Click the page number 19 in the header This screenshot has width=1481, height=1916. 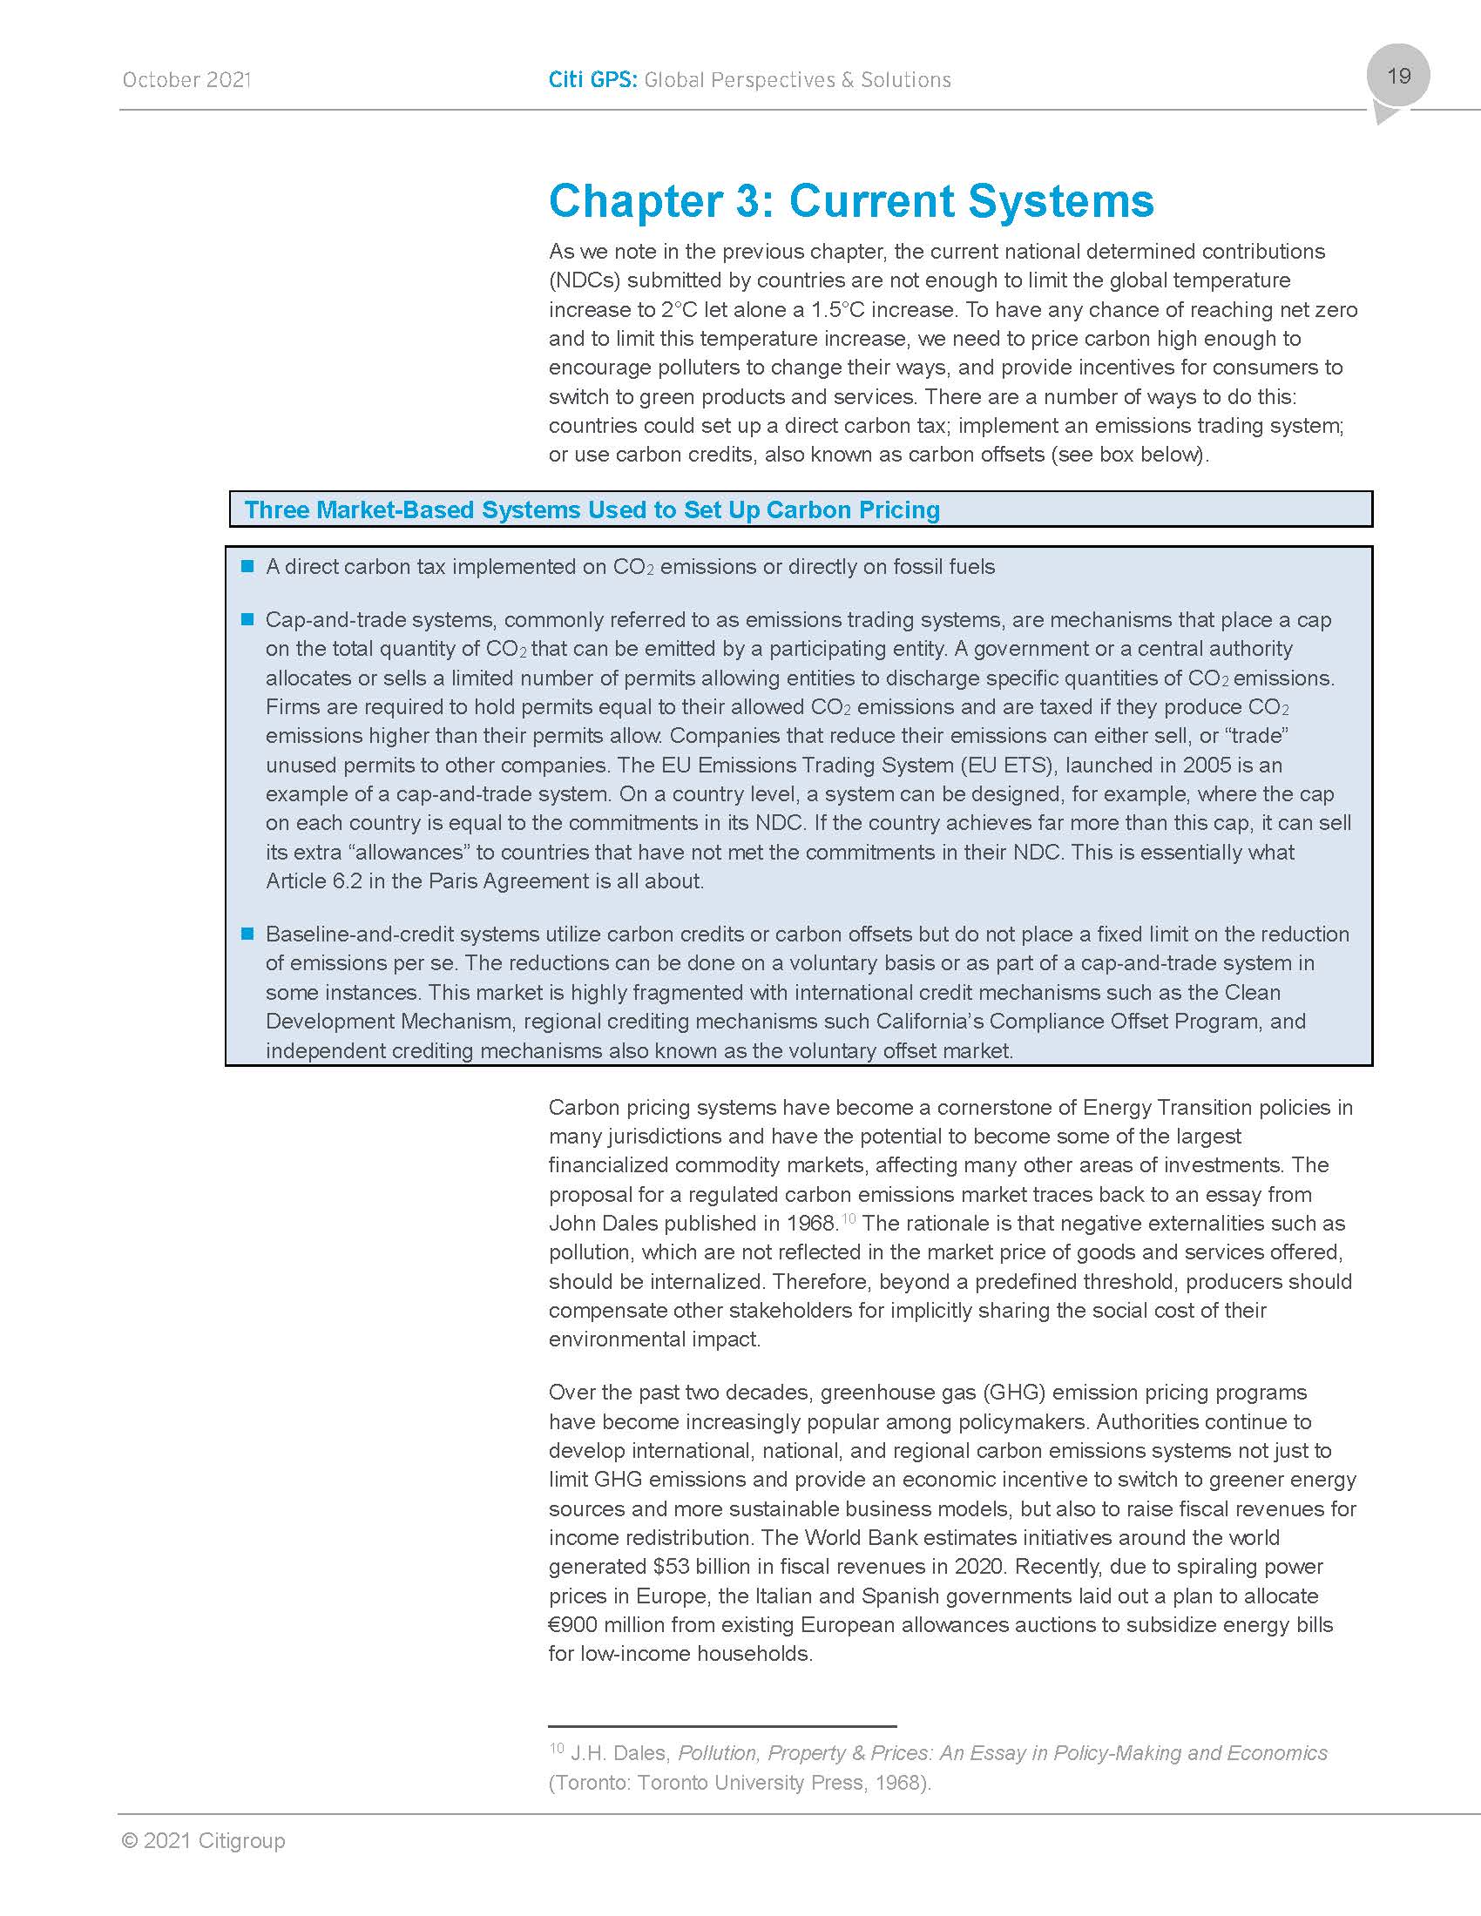point(1398,76)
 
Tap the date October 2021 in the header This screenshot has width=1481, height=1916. point(186,80)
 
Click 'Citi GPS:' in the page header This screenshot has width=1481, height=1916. point(592,80)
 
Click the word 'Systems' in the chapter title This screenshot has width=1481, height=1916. point(1061,201)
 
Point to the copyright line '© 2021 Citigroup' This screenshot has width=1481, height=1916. point(204,1840)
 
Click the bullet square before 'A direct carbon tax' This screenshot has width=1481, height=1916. point(247,566)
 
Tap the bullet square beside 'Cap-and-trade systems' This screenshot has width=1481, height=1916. point(247,619)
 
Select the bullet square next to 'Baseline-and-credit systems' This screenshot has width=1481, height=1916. point(247,934)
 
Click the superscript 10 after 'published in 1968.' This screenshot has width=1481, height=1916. point(849,1218)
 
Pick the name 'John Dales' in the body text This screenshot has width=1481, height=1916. point(593,1223)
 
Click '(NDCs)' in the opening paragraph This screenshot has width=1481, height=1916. point(585,280)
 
